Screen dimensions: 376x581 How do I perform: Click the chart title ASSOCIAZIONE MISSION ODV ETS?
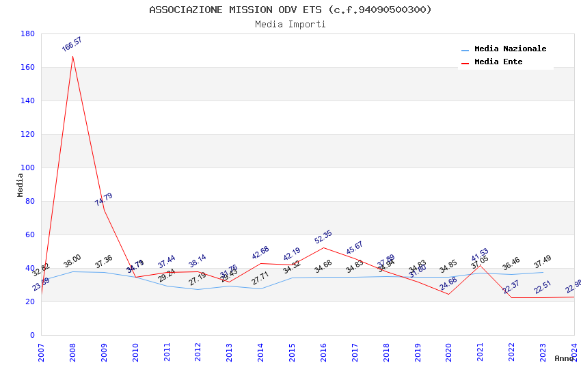290,10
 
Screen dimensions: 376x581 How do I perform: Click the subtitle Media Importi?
290,24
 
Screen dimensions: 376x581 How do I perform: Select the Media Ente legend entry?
498,62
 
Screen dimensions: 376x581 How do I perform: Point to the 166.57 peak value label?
72,44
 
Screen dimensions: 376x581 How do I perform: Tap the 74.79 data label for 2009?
104,200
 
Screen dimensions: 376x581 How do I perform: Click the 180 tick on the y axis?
28,33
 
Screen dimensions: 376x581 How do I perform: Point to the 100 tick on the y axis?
28,167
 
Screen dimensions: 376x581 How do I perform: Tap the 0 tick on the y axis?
32,335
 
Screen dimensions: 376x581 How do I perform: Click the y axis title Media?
21,185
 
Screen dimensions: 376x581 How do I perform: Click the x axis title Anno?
564,358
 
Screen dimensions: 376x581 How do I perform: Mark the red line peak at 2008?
72,56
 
